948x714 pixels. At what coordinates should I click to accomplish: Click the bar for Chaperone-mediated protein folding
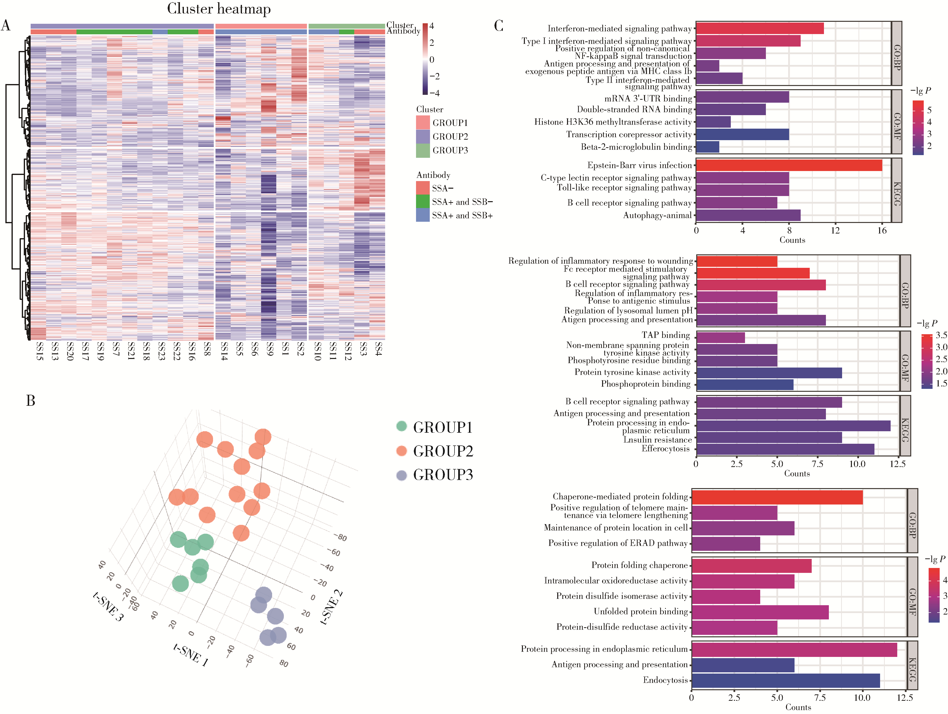[777, 497]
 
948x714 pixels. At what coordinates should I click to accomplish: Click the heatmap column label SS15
[39, 351]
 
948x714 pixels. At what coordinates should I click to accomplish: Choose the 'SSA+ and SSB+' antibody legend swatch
[423, 215]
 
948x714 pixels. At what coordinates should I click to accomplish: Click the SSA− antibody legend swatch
[423, 188]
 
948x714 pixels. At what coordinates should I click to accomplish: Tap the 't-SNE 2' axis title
[332, 607]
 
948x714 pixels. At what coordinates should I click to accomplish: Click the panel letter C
[498, 26]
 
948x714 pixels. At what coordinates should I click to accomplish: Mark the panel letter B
[30, 400]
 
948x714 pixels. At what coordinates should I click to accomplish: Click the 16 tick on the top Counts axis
[882, 230]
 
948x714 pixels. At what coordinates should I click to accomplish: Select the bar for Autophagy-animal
[748, 215]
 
